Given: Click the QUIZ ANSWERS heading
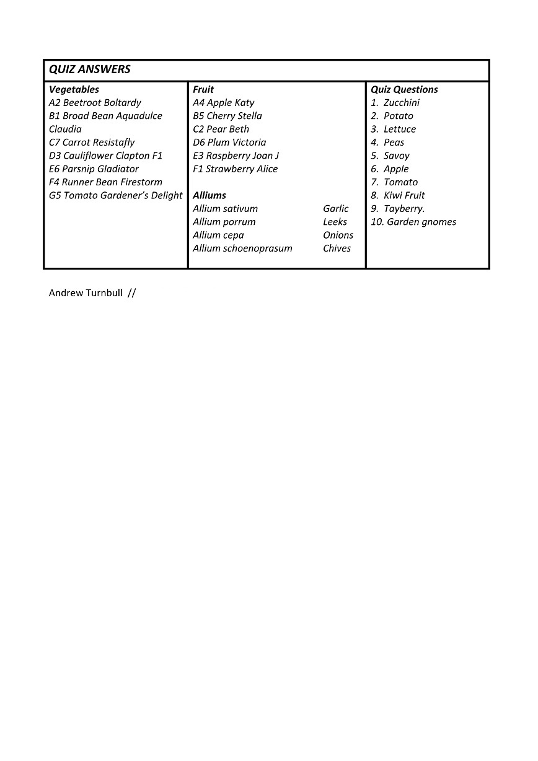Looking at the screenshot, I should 90,69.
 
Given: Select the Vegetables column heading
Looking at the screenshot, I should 74,89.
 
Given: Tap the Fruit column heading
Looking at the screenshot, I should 203,89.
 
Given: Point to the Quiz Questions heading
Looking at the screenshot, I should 404,89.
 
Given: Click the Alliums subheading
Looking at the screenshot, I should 209,195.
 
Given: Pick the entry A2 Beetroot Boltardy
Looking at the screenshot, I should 95,103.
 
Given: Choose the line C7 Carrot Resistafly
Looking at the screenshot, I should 92,143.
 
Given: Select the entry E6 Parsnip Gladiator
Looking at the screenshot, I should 94,169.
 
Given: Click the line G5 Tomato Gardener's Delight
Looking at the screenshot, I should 116,195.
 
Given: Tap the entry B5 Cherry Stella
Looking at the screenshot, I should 227,116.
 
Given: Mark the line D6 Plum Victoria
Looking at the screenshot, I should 229,143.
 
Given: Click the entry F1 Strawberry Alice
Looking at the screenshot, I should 236,169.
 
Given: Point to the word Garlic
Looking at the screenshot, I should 336,209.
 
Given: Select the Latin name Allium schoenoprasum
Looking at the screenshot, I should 242,249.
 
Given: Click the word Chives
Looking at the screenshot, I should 337,249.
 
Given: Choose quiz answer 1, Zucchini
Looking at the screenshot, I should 395,103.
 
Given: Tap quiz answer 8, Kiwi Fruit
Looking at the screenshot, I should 398,195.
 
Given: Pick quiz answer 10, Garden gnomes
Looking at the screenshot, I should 413,222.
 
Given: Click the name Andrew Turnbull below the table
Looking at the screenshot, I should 86,293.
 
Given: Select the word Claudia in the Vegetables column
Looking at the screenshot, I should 65,130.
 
